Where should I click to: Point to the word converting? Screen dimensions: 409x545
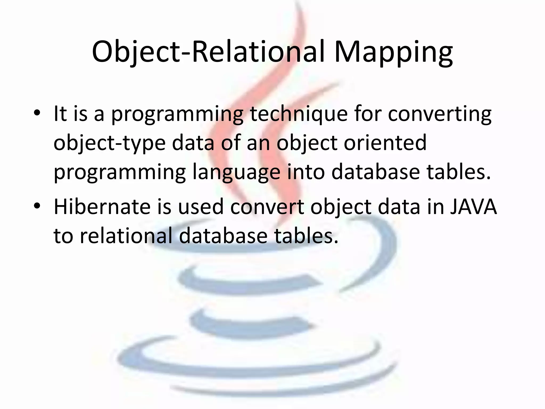tap(439, 114)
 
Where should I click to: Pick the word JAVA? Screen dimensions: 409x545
tap(473, 207)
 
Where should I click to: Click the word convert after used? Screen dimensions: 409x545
tap(267, 207)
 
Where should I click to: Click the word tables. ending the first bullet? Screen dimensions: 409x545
tap(459, 172)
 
